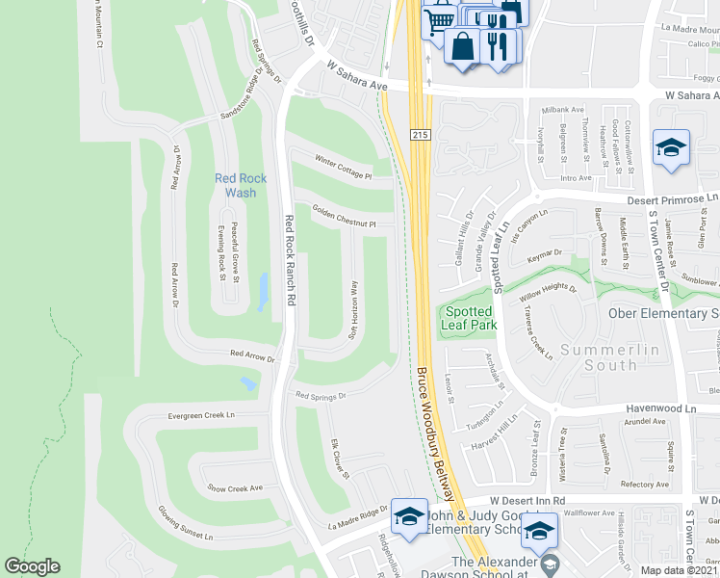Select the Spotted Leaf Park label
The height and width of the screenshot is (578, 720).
(469, 319)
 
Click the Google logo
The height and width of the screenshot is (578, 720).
(32, 566)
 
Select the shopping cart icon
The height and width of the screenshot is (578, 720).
(440, 18)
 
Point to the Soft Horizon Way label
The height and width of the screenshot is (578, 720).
(353, 307)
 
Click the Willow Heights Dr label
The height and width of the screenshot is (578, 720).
(549, 291)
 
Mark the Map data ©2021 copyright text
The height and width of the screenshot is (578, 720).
(679, 570)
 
